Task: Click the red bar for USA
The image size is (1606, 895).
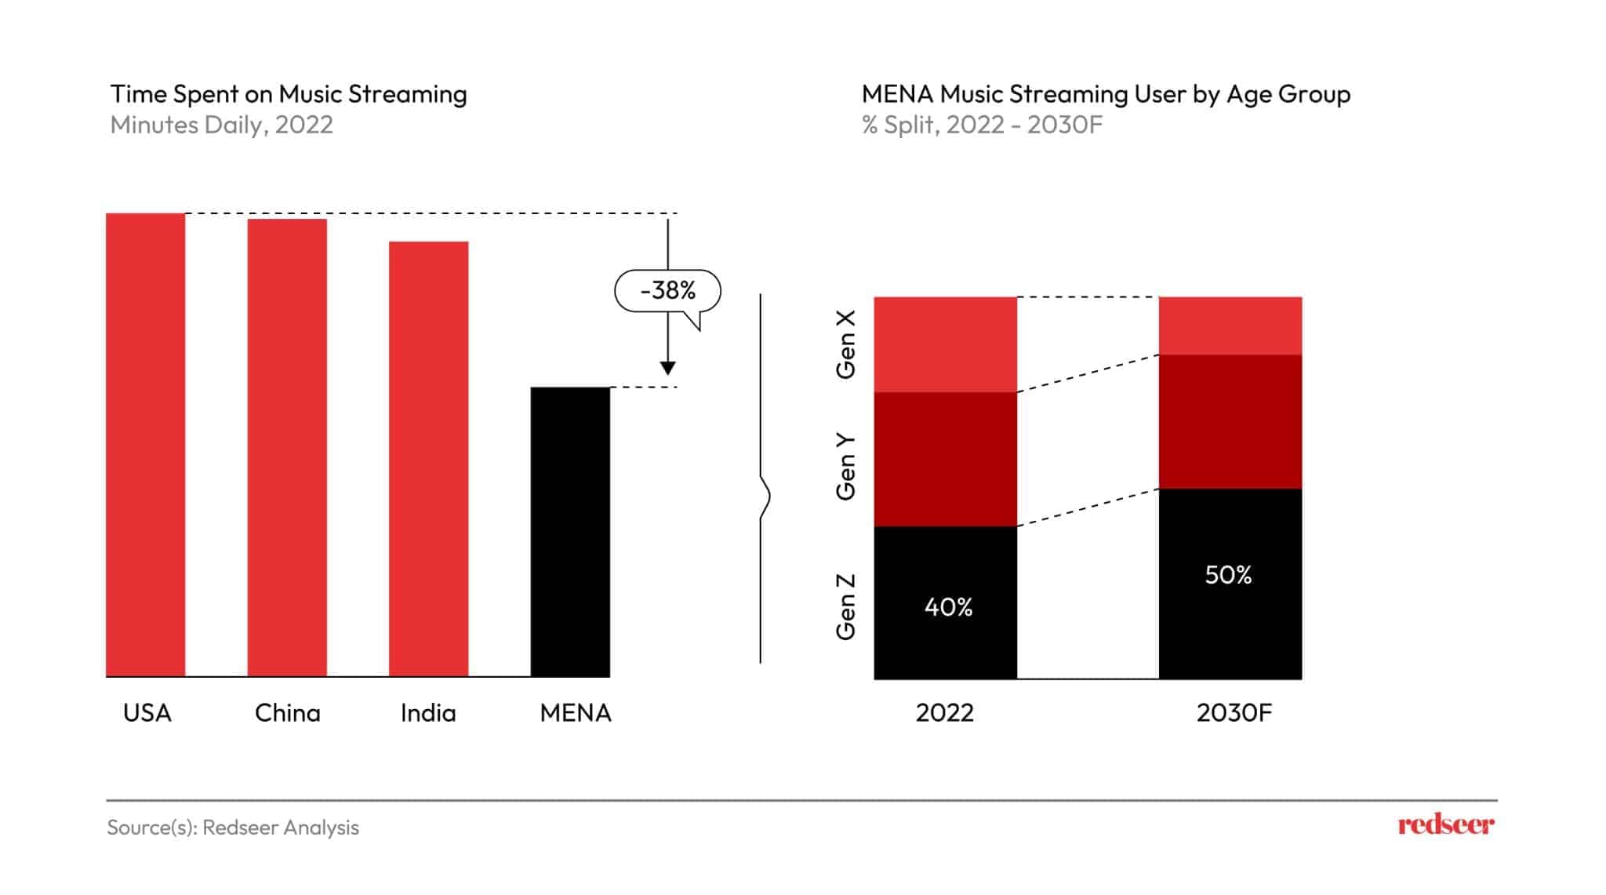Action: (146, 444)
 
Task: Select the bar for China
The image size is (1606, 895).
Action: (287, 447)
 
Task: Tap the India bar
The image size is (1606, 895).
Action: (428, 458)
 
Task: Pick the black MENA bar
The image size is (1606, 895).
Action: (570, 531)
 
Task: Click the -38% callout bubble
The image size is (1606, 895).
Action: (667, 291)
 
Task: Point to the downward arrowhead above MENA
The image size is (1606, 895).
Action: (668, 368)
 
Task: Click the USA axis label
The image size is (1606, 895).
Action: (147, 713)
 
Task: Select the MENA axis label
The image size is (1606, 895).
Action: (576, 713)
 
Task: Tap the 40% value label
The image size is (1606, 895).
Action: (948, 607)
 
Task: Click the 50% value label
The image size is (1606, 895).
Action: (1228, 575)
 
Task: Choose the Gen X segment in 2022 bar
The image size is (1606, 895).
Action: (945, 344)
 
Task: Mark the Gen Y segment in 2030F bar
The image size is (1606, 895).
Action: (1230, 422)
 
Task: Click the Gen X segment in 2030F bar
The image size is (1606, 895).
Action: (1230, 326)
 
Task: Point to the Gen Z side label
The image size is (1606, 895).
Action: (845, 607)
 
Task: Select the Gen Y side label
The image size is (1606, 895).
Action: (845, 467)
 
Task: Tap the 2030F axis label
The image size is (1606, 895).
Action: (1234, 713)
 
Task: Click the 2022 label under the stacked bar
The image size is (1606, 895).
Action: (944, 713)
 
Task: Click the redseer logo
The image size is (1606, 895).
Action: (1446, 824)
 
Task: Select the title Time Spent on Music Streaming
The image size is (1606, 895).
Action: (289, 94)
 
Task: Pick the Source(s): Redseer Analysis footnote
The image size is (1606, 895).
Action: (233, 828)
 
